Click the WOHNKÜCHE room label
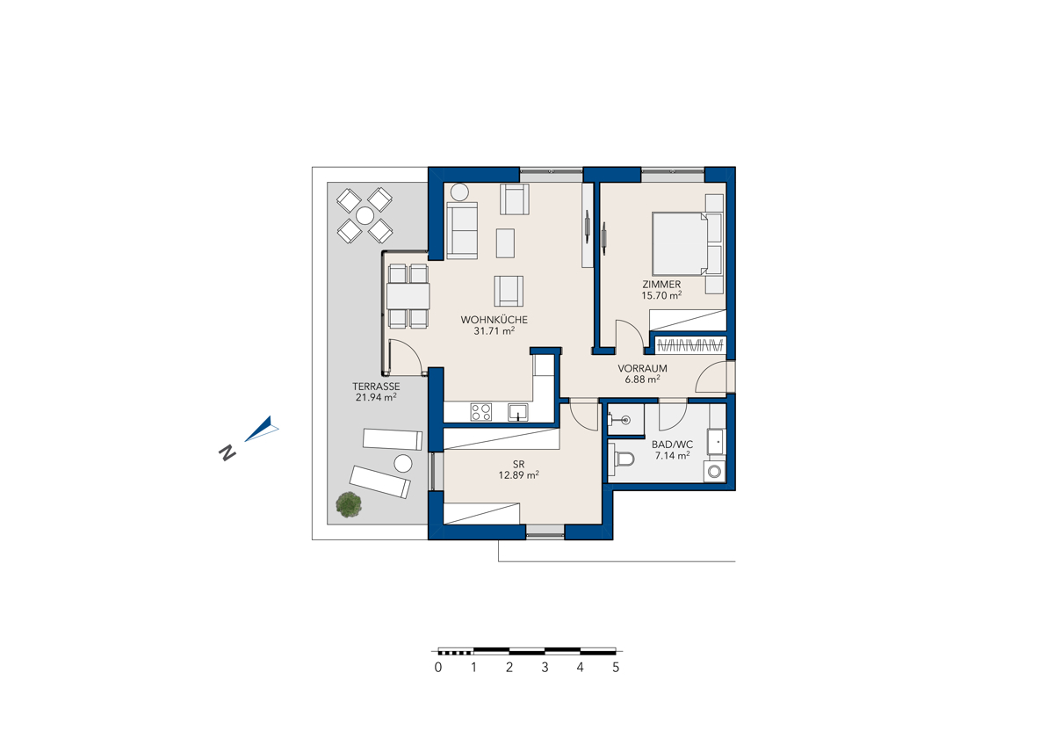(x=494, y=320)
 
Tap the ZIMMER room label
(x=661, y=285)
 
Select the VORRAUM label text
(x=642, y=368)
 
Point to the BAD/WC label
(x=672, y=445)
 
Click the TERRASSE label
(x=376, y=387)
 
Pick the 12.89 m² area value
(x=518, y=475)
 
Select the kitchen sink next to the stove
(x=518, y=412)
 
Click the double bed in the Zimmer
(x=681, y=243)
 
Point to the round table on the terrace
(x=365, y=215)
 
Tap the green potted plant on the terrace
(x=349, y=504)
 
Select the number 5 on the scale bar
(x=616, y=667)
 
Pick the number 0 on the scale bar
(x=438, y=667)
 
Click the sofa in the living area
(x=462, y=230)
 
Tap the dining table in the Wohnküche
(x=408, y=296)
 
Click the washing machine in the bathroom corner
(x=714, y=472)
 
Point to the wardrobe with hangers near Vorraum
(x=689, y=346)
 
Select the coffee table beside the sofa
(x=505, y=242)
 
